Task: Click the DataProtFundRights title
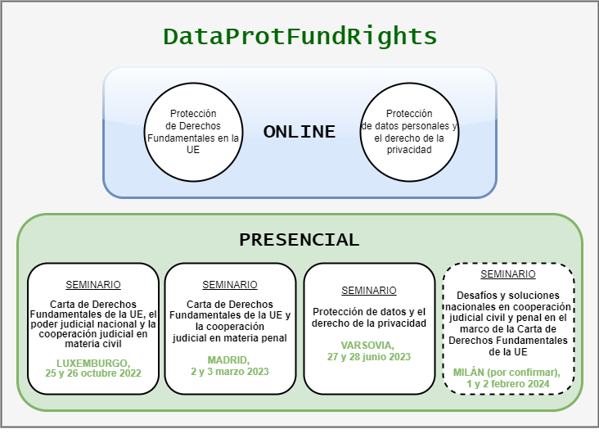tap(299, 37)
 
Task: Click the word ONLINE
tap(299, 132)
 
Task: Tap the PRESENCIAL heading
tap(299, 240)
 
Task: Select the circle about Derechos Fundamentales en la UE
tap(193, 133)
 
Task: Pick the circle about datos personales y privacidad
tap(409, 133)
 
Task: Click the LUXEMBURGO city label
tap(93, 363)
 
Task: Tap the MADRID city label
tap(228, 360)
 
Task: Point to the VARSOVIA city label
tap(367, 346)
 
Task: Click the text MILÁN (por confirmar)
tap(507, 373)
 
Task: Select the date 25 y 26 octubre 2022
tap(93, 373)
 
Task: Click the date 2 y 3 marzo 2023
tap(230, 372)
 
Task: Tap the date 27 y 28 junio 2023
tap(369, 357)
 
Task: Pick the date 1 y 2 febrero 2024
tap(508, 384)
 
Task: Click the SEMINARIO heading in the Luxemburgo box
tap(93, 285)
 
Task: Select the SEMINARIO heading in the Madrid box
tap(230, 285)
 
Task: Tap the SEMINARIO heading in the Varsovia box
tap(369, 291)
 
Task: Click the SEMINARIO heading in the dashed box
tap(508, 274)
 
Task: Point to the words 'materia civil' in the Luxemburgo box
tap(93, 344)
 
